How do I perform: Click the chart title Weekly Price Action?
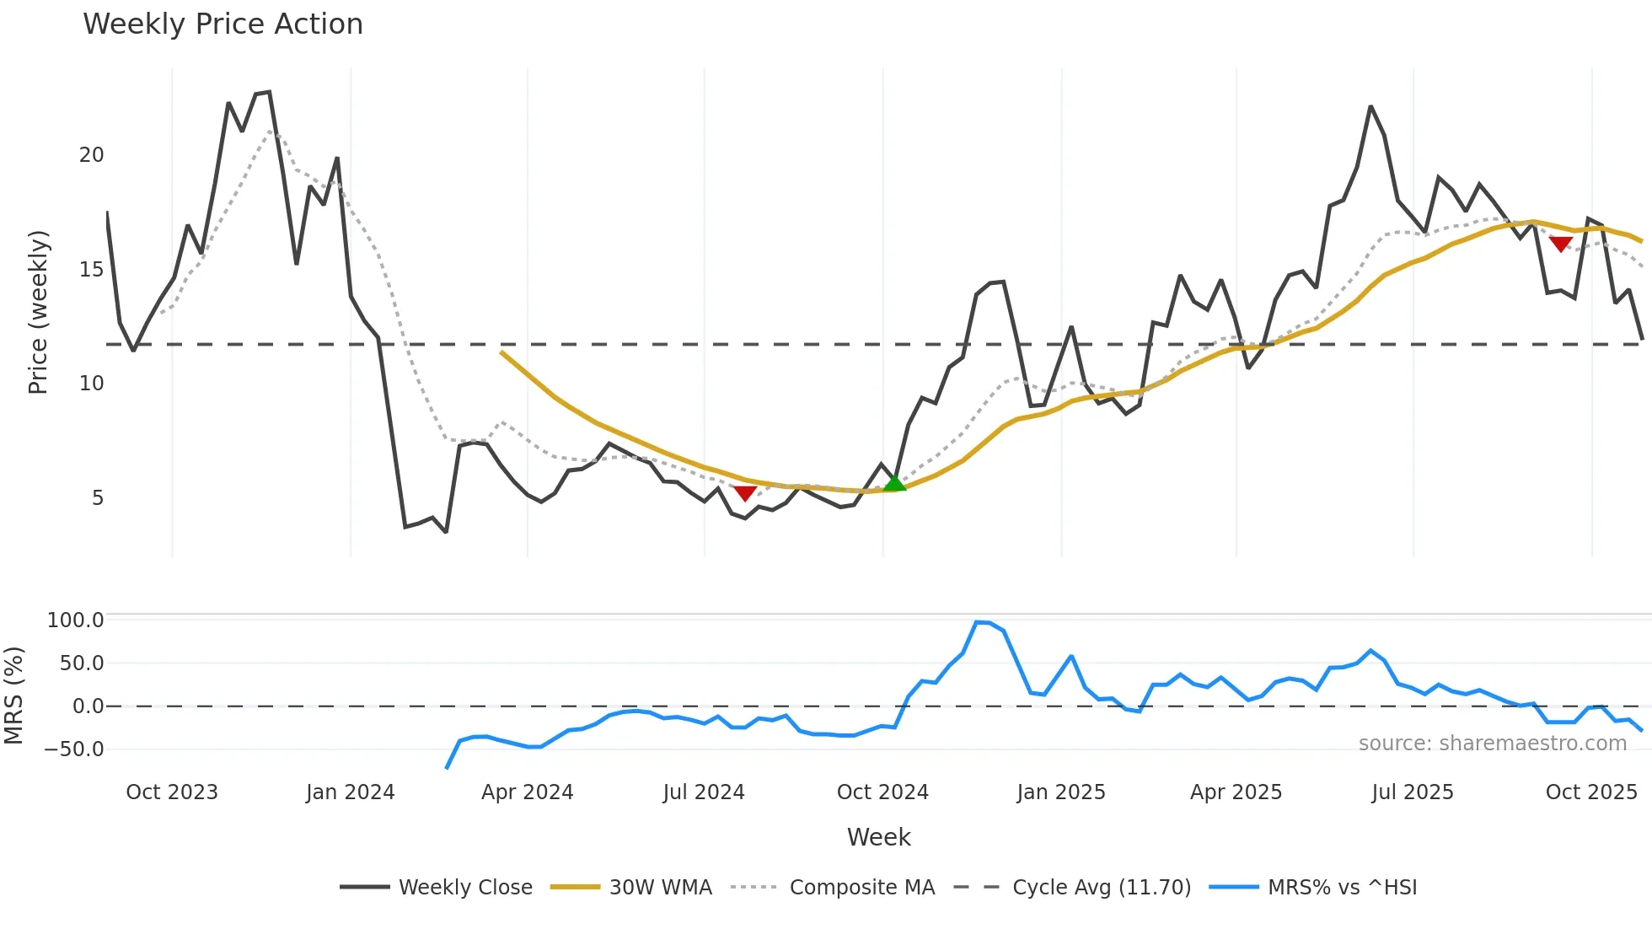point(223,24)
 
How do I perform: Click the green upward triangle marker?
point(894,483)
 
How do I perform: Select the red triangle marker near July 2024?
point(745,493)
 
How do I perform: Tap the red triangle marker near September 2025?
point(1560,244)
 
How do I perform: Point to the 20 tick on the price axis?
point(92,155)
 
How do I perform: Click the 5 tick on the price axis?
point(98,498)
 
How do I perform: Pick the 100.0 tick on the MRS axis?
point(76,620)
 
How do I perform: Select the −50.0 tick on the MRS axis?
point(74,749)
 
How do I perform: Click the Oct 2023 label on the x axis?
point(172,792)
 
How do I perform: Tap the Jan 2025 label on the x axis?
point(1060,792)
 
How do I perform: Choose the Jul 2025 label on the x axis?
point(1413,792)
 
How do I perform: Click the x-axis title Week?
point(878,837)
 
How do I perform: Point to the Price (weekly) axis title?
point(38,312)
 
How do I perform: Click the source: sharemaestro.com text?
point(1492,744)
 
